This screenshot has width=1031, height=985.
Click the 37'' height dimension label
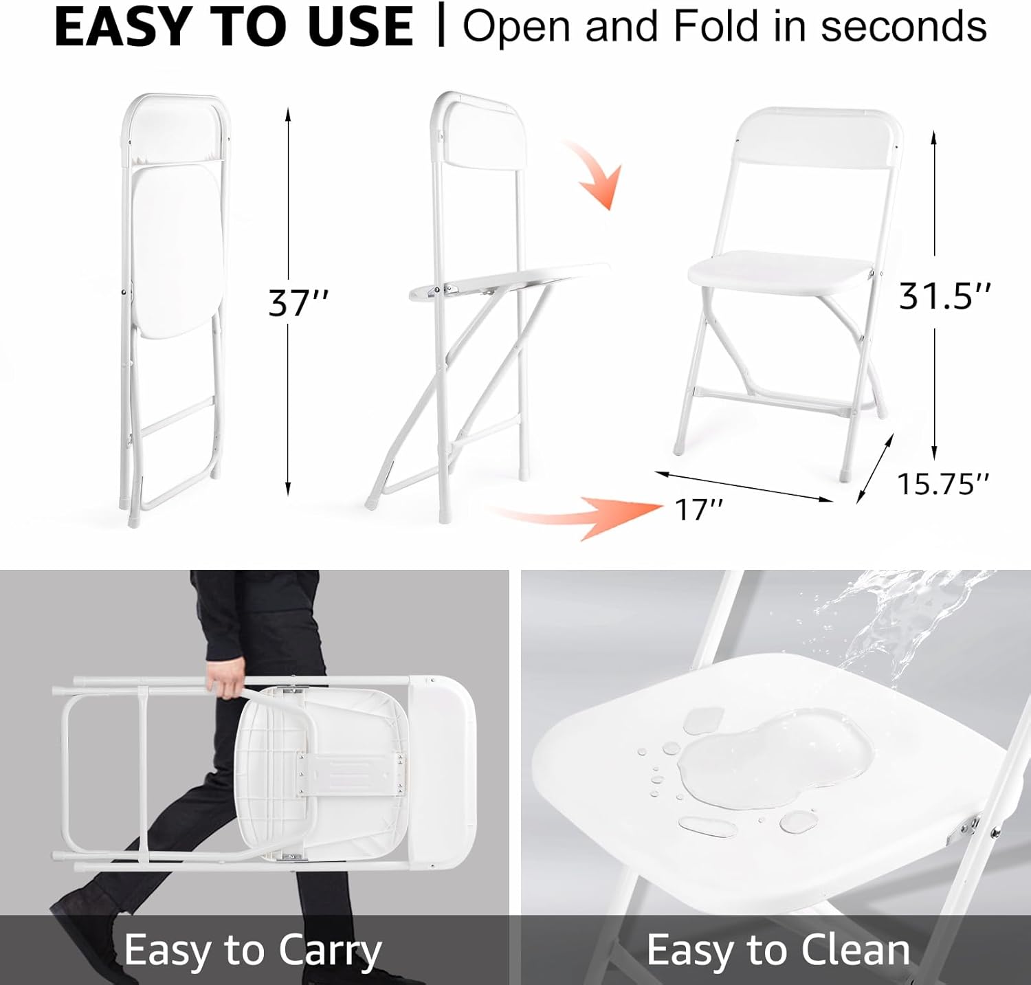298,302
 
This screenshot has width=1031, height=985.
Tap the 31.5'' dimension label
945,296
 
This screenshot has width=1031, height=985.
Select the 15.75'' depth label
943,484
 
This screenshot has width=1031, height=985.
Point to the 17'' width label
698,509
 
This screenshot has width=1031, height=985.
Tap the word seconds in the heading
904,27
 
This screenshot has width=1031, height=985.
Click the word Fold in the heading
717,26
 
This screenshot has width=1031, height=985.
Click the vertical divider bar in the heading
441,26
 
